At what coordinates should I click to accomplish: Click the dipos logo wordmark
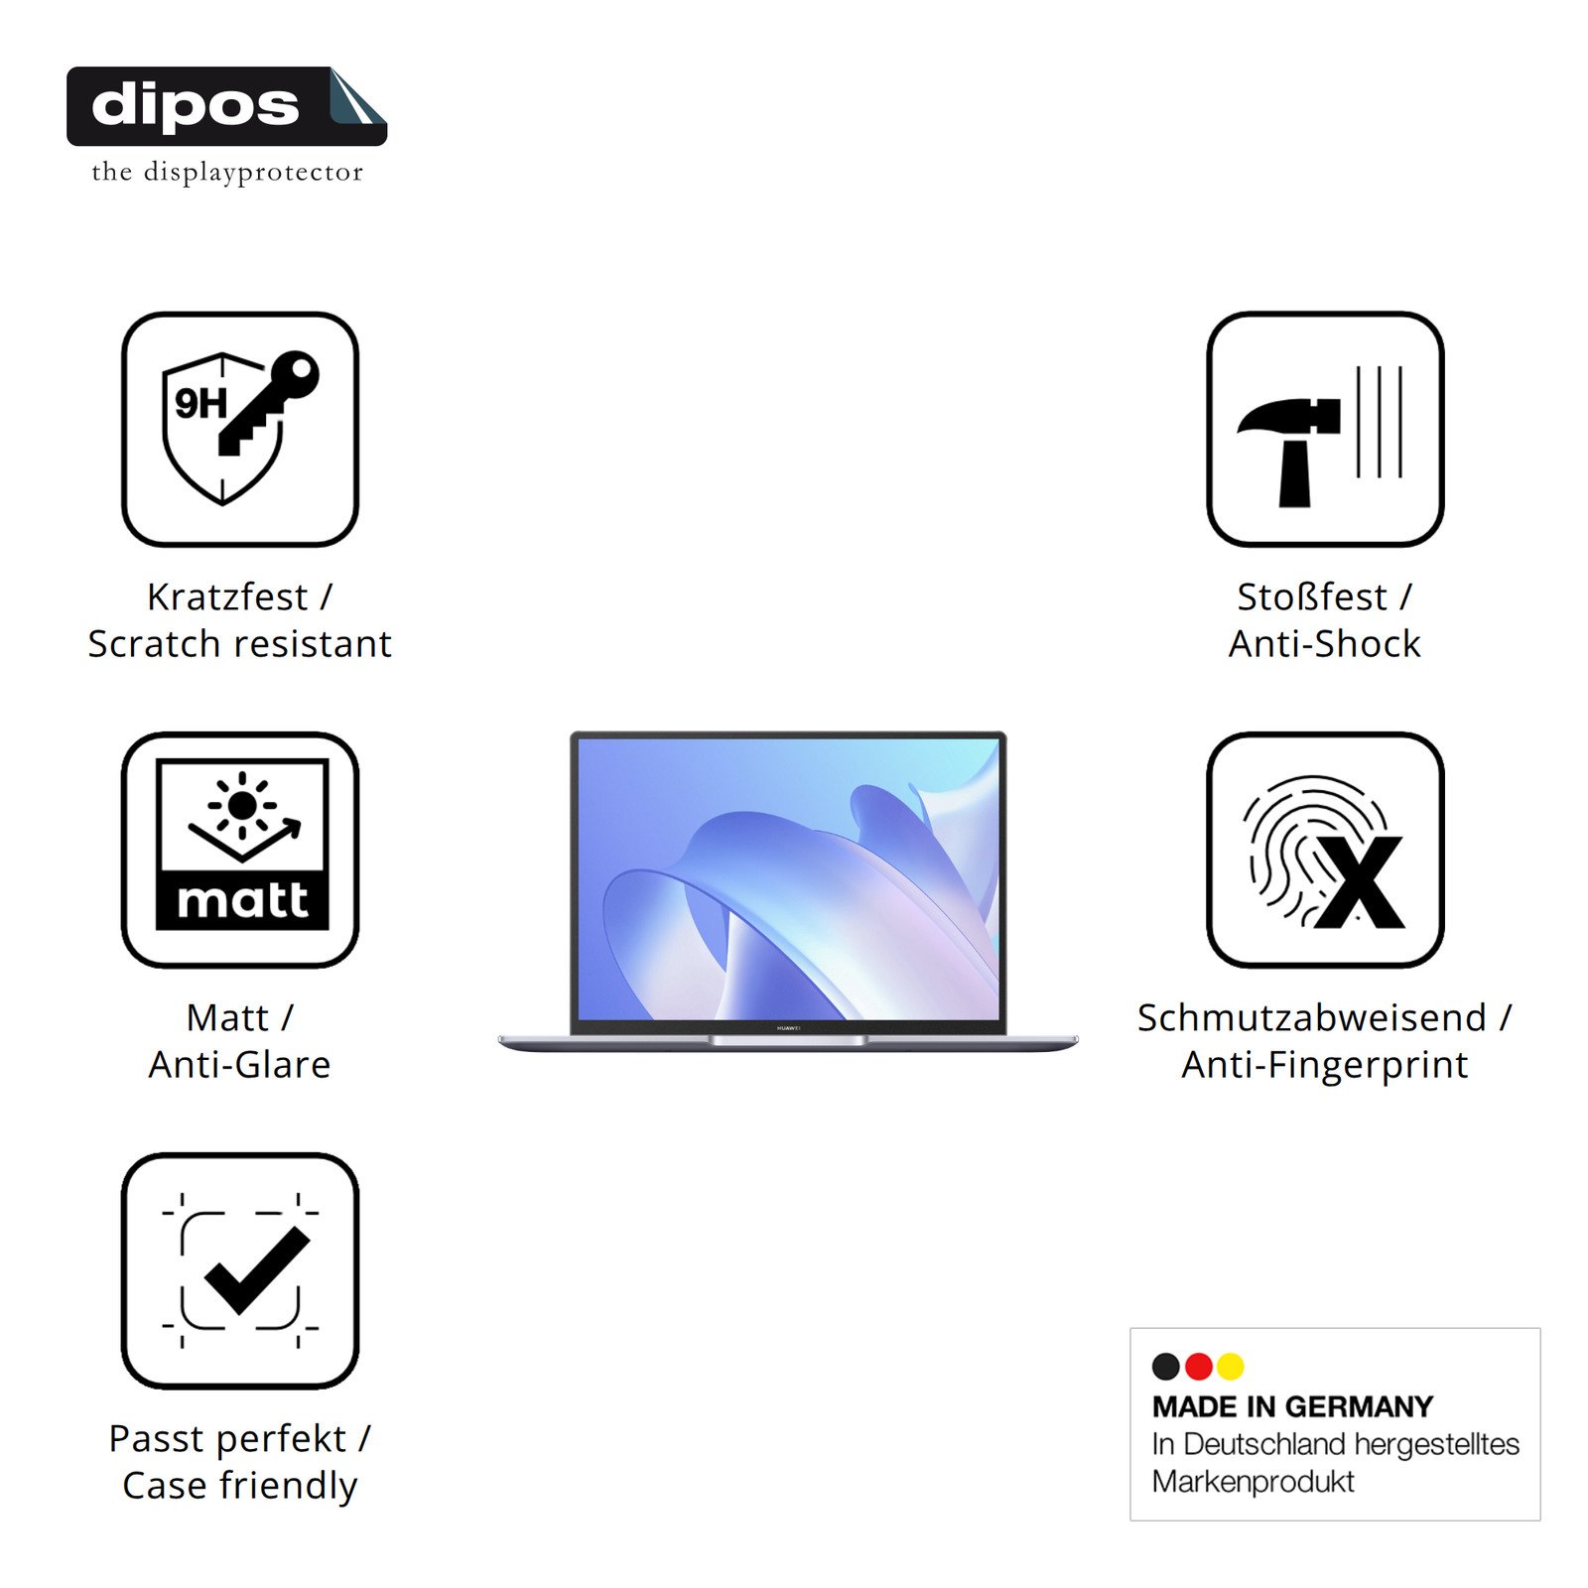point(195,104)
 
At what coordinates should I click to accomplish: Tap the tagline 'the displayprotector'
point(227,173)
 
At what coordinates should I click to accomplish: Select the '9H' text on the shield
point(200,403)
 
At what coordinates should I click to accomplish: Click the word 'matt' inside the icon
point(242,900)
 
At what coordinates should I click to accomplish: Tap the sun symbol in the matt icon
point(241,805)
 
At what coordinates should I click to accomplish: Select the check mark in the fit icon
point(257,1270)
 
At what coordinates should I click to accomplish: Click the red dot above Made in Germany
point(1199,1367)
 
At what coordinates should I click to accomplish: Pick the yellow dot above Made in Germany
point(1231,1367)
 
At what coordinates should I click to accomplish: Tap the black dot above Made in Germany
point(1166,1367)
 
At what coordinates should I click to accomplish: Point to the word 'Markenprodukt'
point(1253,1482)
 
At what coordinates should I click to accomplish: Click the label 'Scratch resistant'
point(240,644)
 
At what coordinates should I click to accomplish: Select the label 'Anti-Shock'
point(1325,644)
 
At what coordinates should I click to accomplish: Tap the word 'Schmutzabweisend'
point(1312,1018)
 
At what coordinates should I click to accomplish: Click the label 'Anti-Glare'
point(239,1065)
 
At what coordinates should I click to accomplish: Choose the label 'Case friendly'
point(240,1486)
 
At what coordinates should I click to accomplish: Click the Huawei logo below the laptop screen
point(788,1028)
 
